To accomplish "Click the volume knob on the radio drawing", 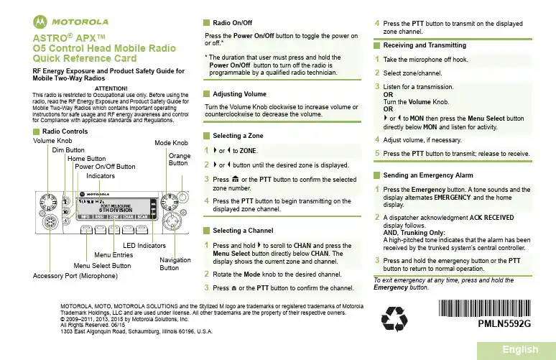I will coord(49,200).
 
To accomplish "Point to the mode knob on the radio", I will coord(170,200).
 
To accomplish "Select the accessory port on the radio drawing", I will coord(51,219).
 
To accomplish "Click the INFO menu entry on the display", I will coord(85,216).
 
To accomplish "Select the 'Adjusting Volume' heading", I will coord(239,94).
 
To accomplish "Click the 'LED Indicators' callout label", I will coord(145,246).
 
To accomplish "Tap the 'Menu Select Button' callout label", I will coord(102,265).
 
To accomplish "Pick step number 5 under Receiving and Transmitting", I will coord(377,153).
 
